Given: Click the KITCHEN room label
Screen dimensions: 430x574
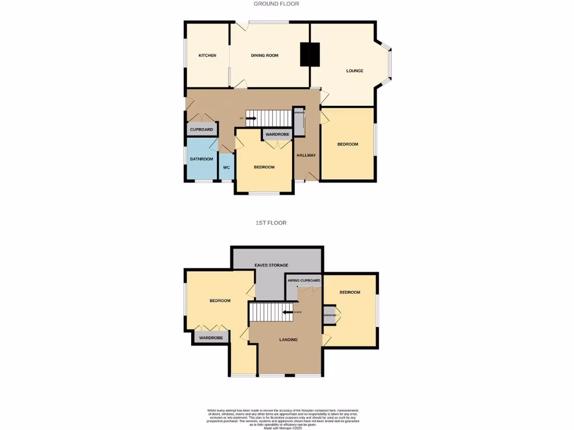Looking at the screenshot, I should click(207, 55).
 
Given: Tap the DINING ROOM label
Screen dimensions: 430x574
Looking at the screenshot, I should click(265, 55).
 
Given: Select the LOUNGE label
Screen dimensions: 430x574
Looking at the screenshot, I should click(355, 71).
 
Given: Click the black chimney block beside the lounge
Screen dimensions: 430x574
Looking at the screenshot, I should click(309, 54).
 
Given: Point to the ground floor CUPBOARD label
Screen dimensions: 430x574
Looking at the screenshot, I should click(201, 130).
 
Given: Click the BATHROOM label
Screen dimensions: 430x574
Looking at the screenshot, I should click(201, 159).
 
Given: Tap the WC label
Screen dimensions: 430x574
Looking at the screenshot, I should click(226, 167).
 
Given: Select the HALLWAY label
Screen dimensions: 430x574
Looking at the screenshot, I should click(306, 156).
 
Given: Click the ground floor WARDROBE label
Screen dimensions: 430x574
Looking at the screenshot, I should click(277, 135).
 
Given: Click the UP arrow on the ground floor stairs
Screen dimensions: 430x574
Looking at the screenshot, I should click(251, 118).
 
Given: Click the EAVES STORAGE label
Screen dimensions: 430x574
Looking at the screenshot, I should click(271, 265).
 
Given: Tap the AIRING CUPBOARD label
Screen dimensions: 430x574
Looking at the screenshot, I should click(304, 281).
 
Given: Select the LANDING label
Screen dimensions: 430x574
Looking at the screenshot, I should click(288, 340).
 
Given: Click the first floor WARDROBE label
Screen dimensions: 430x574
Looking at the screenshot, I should click(211, 338).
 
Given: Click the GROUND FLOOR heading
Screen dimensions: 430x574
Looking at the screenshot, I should click(276, 4).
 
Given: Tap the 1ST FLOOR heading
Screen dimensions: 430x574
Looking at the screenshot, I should click(271, 223).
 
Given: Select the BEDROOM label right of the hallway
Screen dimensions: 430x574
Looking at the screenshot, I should click(348, 144).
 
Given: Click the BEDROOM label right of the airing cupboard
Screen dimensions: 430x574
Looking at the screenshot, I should click(350, 292).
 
